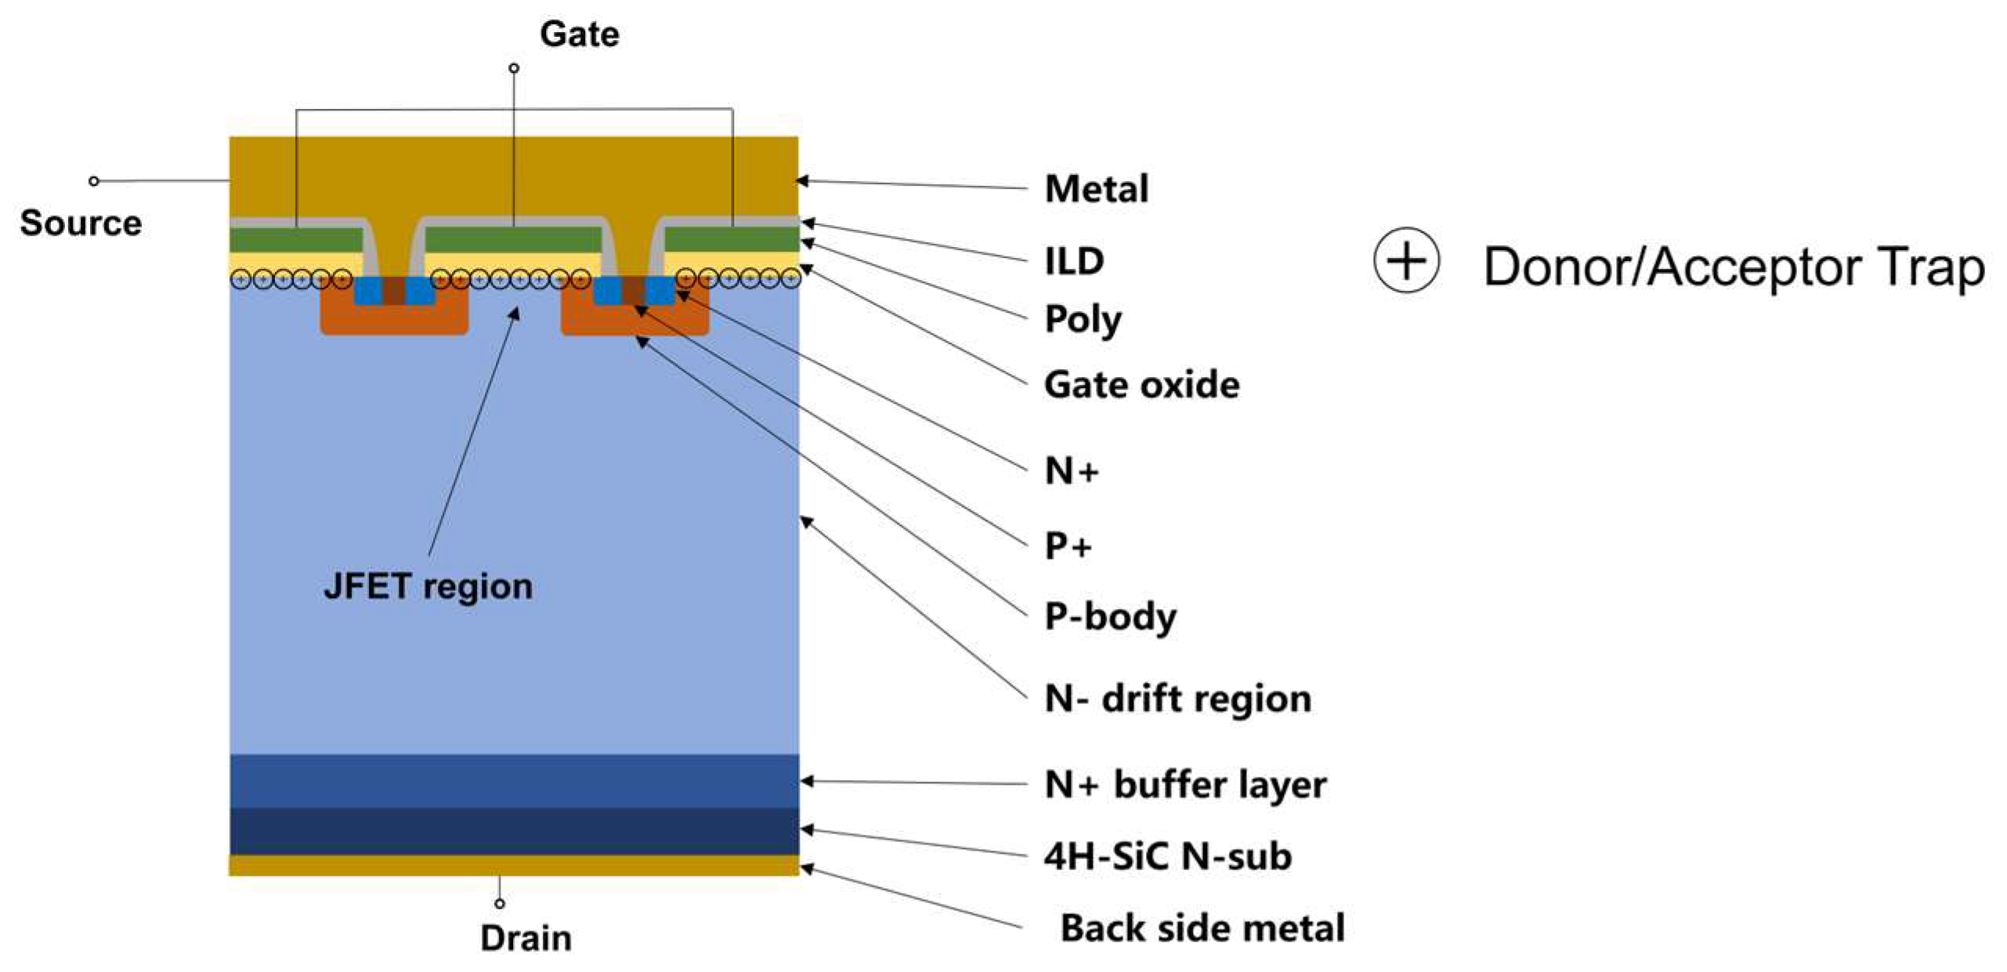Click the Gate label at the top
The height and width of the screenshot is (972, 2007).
578,34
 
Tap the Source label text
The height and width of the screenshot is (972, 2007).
80,223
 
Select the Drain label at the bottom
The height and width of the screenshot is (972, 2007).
526,938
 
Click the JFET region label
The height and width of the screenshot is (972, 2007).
428,586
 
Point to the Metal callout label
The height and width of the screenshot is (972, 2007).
1096,189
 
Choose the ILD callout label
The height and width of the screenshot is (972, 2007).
1073,261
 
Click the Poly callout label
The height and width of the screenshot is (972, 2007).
1083,320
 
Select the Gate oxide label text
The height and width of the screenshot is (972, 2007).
1141,385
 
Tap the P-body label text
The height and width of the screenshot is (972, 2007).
1110,617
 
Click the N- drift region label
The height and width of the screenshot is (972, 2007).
1177,698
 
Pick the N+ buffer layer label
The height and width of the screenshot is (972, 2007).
1184,785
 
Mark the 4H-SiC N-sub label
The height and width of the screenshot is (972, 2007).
1167,856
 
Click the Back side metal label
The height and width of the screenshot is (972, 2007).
1202,928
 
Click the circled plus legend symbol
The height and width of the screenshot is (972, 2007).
1405,261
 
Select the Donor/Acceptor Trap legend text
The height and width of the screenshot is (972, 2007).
1733,267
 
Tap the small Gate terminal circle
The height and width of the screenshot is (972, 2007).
514,68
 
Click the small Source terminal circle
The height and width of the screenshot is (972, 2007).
94,181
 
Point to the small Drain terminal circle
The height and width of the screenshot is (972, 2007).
500,904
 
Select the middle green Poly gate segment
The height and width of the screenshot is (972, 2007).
513,239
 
